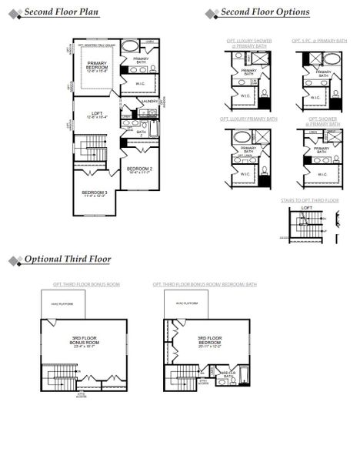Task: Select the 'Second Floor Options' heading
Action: coord(265,12)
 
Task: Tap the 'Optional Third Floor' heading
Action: coord(67,259)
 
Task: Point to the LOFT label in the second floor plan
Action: coord(97,115)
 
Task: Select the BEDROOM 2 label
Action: coord(139,169)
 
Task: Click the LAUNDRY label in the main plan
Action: coord(150,101)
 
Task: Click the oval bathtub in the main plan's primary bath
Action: coord(131,45)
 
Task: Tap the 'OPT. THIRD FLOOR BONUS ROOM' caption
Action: coord(86,284)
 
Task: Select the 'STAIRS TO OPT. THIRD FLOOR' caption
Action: coord(309,200)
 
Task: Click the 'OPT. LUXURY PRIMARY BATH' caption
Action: coord(249,119)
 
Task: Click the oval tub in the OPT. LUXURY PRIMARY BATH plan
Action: coord(242,136)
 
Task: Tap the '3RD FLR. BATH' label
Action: coord(228,375)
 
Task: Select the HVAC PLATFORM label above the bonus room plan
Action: coord(61,305)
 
